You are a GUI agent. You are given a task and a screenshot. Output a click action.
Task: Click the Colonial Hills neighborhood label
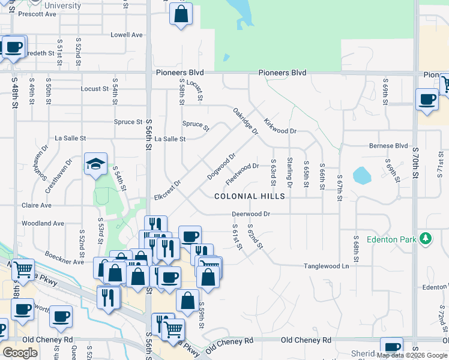[250, 196]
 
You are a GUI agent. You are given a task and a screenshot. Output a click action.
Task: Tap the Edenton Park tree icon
[426, 239]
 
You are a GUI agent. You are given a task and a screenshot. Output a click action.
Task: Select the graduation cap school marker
[95, 164]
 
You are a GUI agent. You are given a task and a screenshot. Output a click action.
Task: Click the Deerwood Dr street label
[252, 214]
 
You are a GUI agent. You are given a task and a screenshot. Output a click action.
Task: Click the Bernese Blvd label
[388, 146]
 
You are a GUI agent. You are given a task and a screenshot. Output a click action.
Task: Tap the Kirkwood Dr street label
[280, 126]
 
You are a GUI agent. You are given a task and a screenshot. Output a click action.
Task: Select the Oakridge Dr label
[246, 121]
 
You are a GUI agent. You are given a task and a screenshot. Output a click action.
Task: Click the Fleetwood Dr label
[242, 173]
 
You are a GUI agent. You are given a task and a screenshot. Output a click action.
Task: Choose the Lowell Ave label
[127, 35]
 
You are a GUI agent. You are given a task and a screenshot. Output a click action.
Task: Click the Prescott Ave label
[37, 14]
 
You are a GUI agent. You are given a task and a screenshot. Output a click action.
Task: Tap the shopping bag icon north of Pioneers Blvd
[181, 13]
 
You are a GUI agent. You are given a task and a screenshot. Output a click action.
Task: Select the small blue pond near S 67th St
[362, 176]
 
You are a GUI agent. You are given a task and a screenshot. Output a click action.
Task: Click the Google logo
[20, 353]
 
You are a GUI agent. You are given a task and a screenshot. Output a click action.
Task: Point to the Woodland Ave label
[43, 223]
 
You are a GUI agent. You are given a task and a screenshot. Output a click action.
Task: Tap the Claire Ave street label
[37, 205]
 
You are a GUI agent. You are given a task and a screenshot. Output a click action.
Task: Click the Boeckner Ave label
[64, 262]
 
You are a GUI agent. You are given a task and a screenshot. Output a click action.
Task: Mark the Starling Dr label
[289, 172]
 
